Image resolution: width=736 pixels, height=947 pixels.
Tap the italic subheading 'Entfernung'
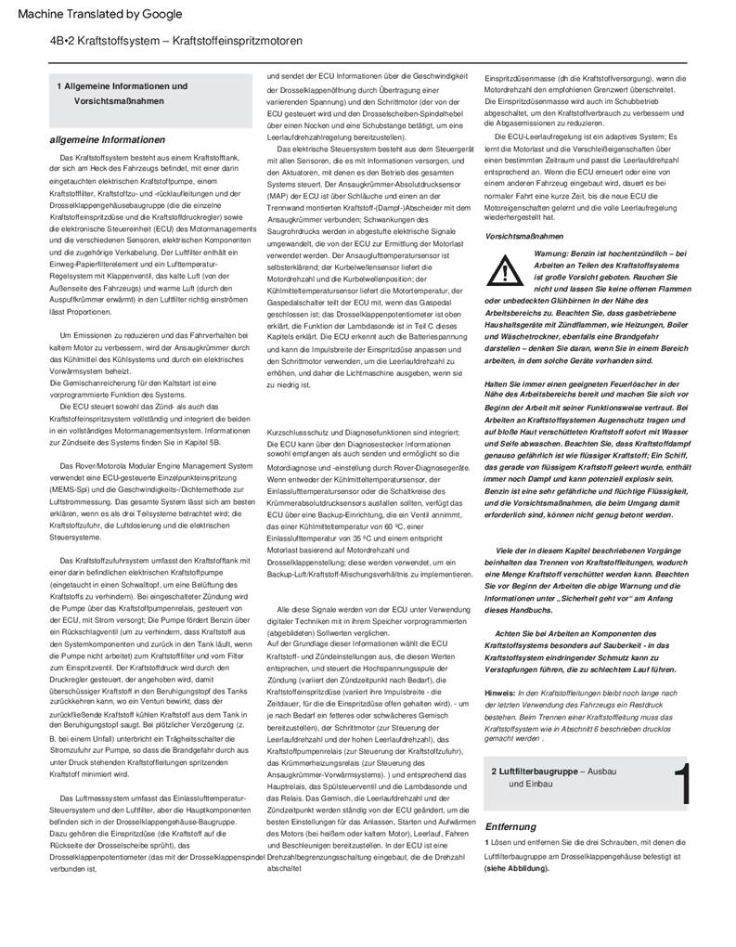[510, 825]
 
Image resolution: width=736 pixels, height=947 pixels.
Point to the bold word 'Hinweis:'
[501, 693]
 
